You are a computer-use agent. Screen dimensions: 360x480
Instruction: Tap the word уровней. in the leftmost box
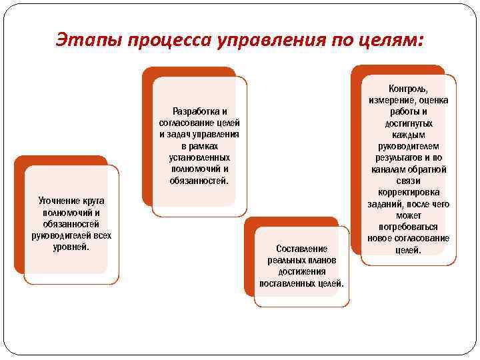tap(71, 247)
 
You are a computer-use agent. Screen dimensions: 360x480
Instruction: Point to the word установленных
tap(199, 157)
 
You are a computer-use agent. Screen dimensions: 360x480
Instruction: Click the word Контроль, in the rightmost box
tap(408, 88)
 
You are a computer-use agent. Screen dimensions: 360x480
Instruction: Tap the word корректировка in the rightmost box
tap(408, 193)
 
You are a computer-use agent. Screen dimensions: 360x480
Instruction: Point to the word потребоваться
tap(408, 227)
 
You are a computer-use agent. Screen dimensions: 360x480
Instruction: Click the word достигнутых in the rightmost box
tap(408, 123)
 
